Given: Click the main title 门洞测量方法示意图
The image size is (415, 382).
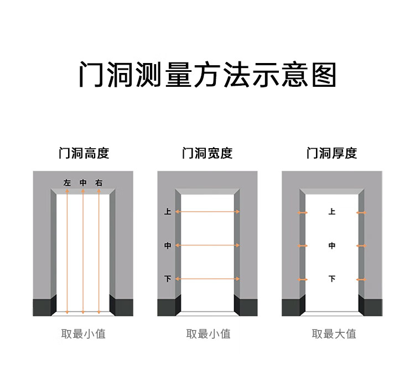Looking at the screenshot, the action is pyautogui.click(x=207, y=75).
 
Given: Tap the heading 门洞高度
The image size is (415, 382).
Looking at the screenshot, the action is pyautogui.click(x=84, y=153).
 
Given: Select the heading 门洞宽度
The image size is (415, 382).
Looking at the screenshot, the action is pyautogui.click(x=207, y=153).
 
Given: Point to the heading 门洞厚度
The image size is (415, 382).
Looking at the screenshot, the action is pyautogui.click(x=332, y=153).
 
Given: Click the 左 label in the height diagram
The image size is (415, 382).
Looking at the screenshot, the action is pyautogui.click(x=68, y=182).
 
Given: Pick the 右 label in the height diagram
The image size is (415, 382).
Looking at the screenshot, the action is pyautogui.click(x=98, y=182).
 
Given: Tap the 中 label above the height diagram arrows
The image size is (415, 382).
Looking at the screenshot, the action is pyautogui.click(x=83, y=182).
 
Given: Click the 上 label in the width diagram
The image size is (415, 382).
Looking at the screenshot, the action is pyautogui.click(x=168, y=212).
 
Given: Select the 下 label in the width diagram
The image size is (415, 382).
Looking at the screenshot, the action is pyautogui.click(x=168, y=279).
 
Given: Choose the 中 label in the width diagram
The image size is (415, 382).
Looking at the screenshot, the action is pyautogui.click(x=168, y=245).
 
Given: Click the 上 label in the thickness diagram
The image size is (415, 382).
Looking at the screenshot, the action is pyautogui.click(x=332, y=212).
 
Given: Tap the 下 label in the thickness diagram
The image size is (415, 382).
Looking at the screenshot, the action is pyautogui.click(x=332, y=279).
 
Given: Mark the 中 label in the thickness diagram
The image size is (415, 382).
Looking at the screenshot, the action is pyautogui.click(x=332, y=245).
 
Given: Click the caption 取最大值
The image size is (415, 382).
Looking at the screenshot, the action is pyautogui.click(x=334, y=334).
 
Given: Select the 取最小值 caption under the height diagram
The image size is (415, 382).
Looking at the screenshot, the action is pyautogui.click(x=83, y=334).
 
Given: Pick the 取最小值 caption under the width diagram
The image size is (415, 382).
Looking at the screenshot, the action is pyautogui.click(x=208, y=334).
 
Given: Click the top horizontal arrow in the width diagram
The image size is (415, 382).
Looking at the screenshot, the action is pyautogui.click(x=207, y=212).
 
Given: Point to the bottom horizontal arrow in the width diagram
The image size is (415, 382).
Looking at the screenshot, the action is pyautogui.click(x=207, y=279).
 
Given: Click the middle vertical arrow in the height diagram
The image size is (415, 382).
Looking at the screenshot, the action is pyautogui.click(x=83, y=252).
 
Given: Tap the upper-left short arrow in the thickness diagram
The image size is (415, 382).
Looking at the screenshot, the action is pyautogui.click(x=303, y=212).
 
